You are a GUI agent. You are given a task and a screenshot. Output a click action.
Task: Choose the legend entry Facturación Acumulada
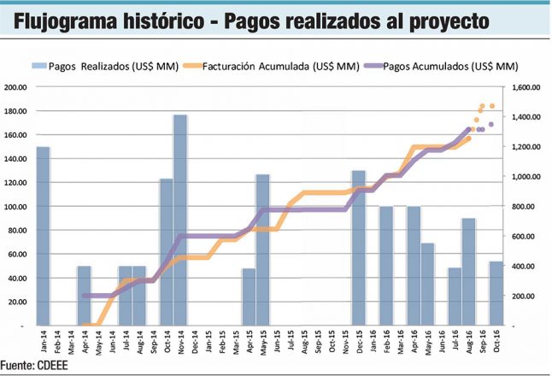269,65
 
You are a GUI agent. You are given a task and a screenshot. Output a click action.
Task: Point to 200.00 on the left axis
15,87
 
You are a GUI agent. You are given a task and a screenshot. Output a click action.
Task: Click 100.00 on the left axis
15,207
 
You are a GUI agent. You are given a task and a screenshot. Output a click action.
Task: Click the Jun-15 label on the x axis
276,342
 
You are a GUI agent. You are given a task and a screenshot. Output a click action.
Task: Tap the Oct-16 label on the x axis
496,342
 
